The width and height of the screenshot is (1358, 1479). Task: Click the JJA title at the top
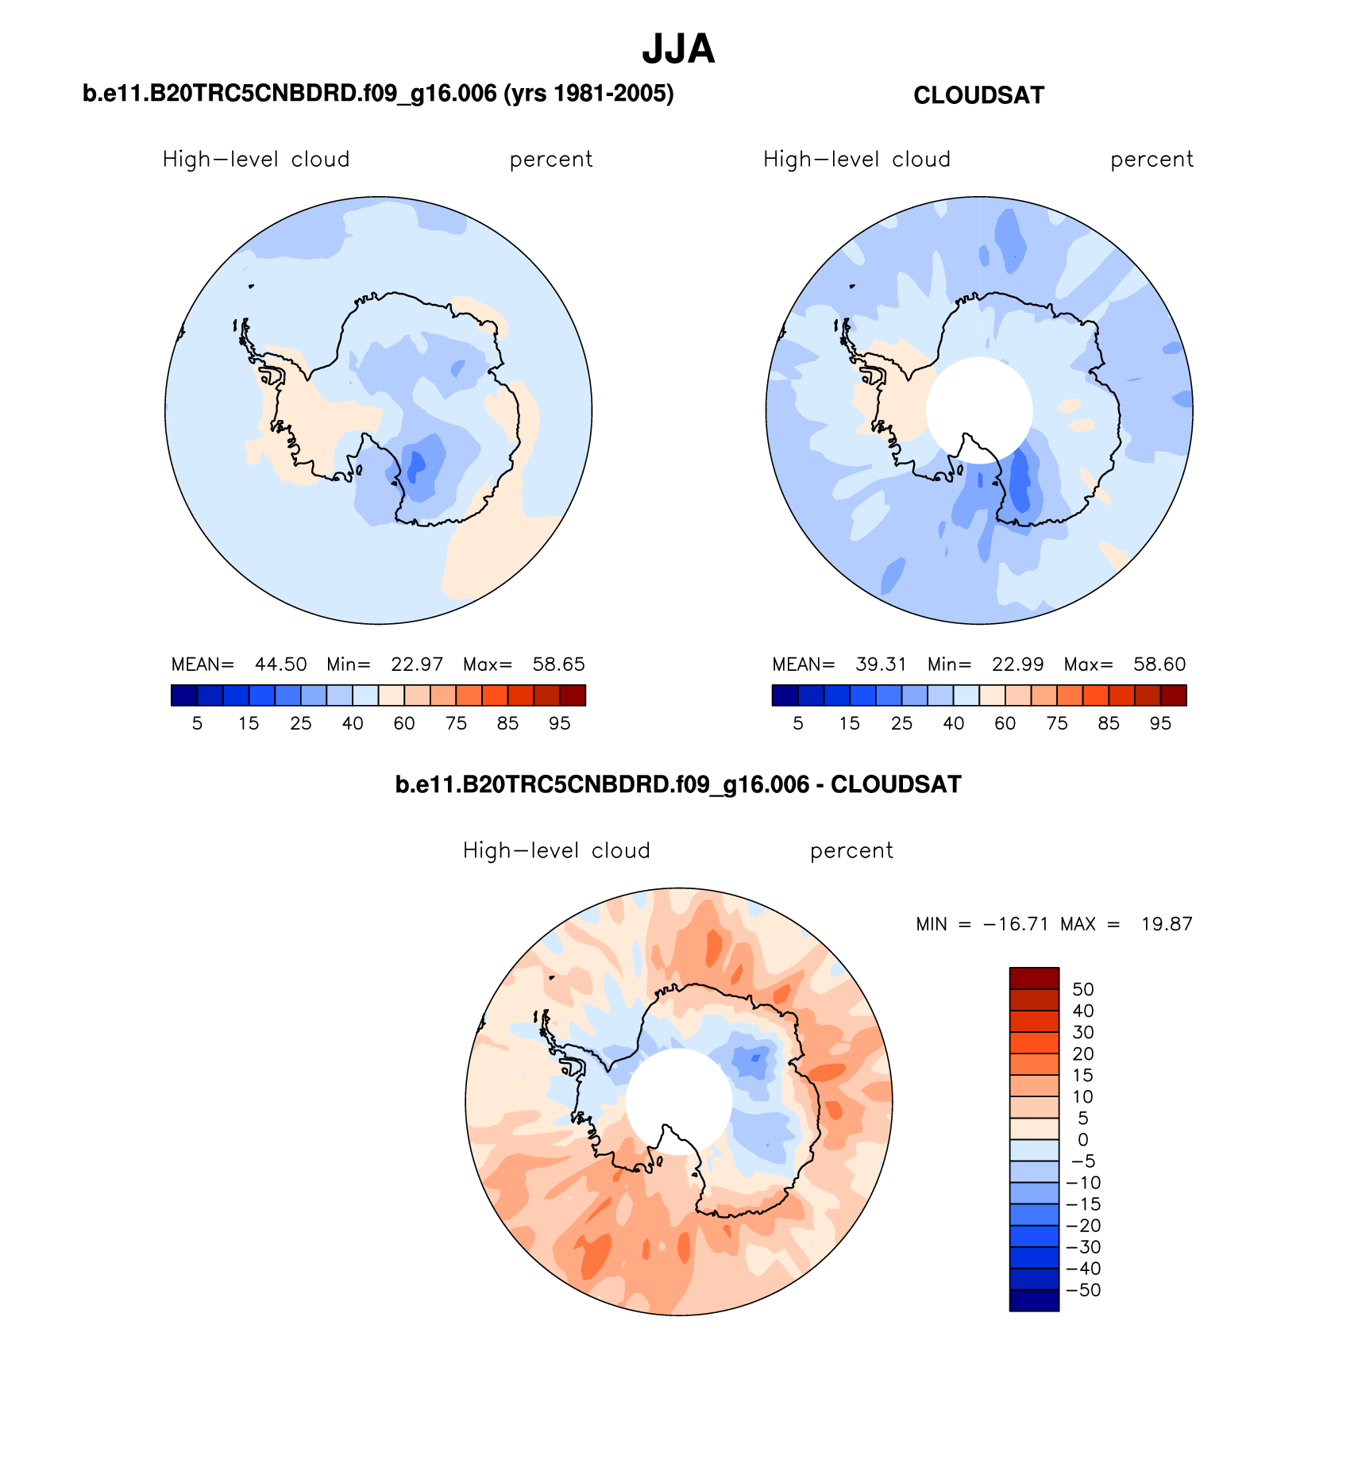(678, 49)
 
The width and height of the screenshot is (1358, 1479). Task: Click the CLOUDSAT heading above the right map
(978, 95)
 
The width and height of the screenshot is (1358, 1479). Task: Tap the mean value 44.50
(280, 664)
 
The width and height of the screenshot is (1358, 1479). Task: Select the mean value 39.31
(881, 664)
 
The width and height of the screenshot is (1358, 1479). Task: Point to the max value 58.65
(558, 664)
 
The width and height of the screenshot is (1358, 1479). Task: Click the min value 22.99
(1017, 664)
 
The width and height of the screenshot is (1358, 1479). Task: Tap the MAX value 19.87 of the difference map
(1167, 924)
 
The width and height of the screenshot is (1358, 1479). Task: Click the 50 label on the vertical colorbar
(1082, 989)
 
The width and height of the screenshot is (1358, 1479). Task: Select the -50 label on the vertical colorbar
(1083, 1290)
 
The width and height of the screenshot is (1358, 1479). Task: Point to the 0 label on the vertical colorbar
(1082, 1140)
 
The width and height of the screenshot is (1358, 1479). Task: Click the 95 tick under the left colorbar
(559, 723)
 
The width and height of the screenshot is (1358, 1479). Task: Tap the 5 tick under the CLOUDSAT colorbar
(798, 723)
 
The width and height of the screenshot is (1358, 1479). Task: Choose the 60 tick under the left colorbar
(404, 723)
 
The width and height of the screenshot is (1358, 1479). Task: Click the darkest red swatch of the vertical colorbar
(1034, 978)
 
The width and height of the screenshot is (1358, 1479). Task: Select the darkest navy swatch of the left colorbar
(183, 695)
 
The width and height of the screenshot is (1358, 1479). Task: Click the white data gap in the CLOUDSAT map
(979, 409)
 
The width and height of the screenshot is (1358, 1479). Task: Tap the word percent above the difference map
(851, 851)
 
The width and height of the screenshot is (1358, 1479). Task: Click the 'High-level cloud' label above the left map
(256, 160)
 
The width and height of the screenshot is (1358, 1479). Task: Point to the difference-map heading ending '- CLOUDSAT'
(678, 785)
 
